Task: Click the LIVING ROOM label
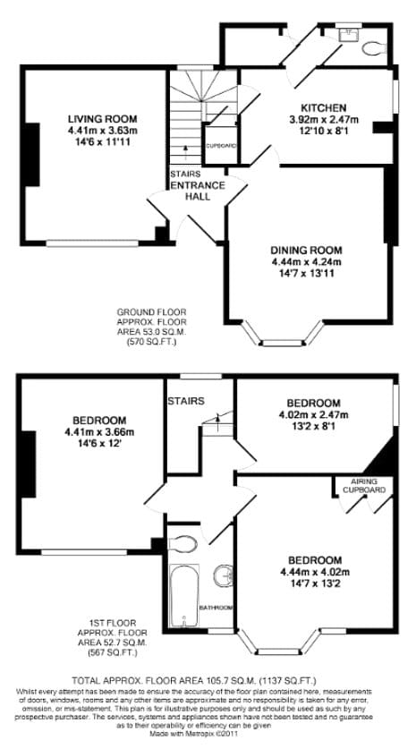tap(102, 118)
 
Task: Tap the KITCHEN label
tap(323, 107)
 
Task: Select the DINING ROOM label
tap(307, 250)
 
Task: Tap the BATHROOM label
tap(217, 608)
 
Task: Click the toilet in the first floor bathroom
tap(184, 544)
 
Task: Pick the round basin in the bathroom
tap(223, 573)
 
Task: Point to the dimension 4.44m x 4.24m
tap(307, 261)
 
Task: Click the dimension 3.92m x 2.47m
tap(323, 119)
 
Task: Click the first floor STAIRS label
tap(185, 401)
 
